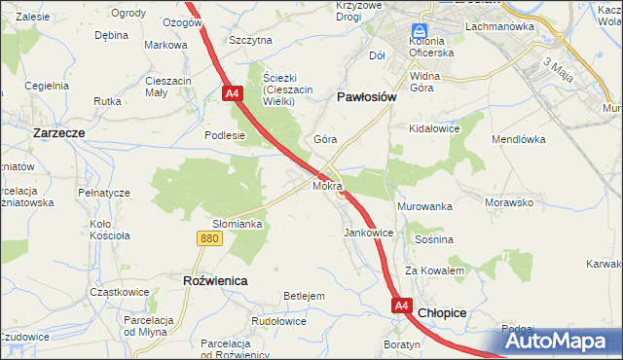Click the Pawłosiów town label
365,97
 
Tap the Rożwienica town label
215,280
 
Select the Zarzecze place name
60,131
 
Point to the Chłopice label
442,313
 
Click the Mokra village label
327,184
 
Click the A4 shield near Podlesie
232,93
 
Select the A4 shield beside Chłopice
402,306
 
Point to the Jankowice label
369,234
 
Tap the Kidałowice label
435,128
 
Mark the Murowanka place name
425,207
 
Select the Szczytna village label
250,40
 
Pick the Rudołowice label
278,321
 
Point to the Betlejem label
304,295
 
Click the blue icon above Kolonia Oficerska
421,31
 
